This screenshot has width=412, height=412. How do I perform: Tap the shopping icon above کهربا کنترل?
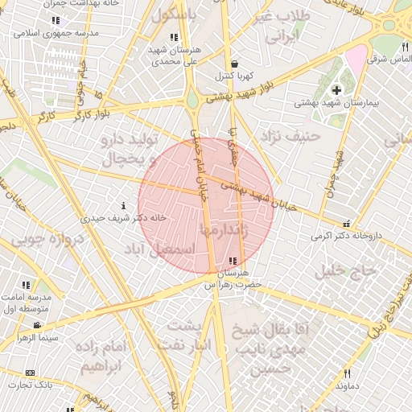pyautogui.click(x=233, y=64)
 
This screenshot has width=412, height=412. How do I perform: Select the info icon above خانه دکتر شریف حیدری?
pyautogui.click(x=122, y=205)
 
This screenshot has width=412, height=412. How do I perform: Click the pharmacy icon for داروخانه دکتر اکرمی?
pyautogui.click(x=346, y=225)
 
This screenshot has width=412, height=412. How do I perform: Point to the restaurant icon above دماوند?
pyautogui.click(x=348, y=373)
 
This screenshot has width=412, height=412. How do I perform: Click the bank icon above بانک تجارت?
pyautogui.click(x=31, y=373)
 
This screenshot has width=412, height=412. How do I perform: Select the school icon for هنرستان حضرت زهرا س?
pyautogui.click(x=233, y=261)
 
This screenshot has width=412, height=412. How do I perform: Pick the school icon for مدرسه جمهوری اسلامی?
pyautogui.click(x=55, y=21)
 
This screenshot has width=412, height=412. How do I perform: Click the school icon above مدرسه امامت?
pyautogui.click(x=27, y=285)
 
